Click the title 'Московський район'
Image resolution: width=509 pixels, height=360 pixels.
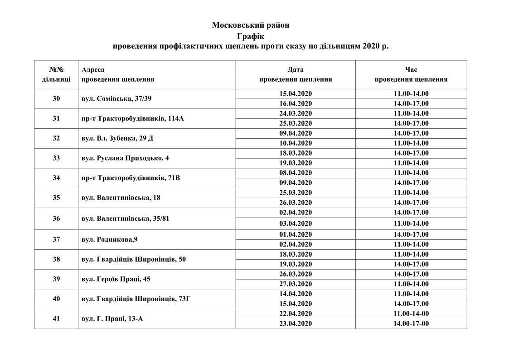pos(250,25)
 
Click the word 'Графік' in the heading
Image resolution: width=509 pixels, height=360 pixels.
pos(250,36)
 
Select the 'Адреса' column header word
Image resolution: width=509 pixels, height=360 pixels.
pos(93,70)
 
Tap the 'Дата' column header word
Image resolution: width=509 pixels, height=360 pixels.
pos(296,70)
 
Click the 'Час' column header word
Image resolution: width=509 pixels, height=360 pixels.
pos(411,70)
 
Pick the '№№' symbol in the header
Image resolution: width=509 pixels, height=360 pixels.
pos(56,70)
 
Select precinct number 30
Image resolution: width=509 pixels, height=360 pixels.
pos(56,98)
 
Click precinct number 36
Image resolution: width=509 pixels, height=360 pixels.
pos(56,218)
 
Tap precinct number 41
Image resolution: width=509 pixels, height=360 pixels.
pos(56,318)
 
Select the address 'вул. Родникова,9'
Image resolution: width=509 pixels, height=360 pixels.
pos(107,239)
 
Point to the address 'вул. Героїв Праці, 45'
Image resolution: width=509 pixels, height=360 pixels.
pos(116,279)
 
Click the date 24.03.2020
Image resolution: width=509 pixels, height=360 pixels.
pos(296,113)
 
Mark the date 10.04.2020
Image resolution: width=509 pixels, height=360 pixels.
pos(296,143)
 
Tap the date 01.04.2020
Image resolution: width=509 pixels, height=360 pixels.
pos(296,234)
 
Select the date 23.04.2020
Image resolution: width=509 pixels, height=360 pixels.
pos(296,324)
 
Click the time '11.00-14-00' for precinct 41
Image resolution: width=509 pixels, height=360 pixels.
pos(411,314)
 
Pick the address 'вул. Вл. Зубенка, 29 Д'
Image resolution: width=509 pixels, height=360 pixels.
pos(117,138)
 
